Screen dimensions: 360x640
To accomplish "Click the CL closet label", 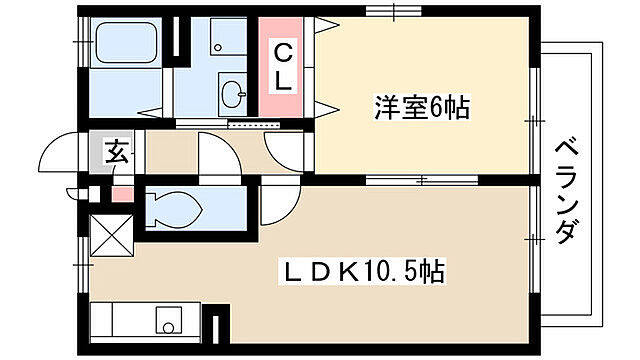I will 284,67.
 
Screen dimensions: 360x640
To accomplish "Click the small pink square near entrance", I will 120,192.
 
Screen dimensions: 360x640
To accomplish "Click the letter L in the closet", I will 284,83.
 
